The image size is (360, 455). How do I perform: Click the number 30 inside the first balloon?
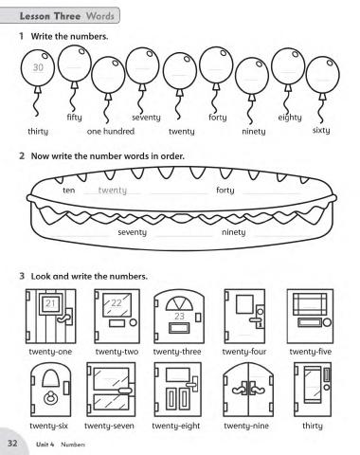[x=38, y=67]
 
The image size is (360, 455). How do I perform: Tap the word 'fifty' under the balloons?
[x=75, y=118]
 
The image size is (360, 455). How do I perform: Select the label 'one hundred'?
[x=111, y=131]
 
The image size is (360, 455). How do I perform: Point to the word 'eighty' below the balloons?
[x=290, y=118]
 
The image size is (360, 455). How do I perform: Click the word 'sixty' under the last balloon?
[x=321, y=130]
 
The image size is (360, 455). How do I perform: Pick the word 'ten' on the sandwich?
[x=69, y=191]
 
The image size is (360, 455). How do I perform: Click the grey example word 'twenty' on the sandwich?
[x=113, y=191]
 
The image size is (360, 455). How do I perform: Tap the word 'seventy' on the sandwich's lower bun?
[x=132, y=232]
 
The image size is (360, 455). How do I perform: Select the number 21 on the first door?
[x=50, y=303]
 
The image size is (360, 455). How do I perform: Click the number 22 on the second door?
[x=117, y=302]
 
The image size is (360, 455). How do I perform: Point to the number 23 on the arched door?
[x=179, y=316]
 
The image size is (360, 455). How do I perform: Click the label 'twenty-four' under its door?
[x=244, y=352]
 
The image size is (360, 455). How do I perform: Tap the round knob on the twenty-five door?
[x=327, y=322]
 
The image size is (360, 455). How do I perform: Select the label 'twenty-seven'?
[x=109, y=426]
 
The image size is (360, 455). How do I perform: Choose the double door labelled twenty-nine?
[x=248, y=390]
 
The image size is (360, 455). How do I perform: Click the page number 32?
[x=12, y=443]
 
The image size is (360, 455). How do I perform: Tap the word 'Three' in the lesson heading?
[x=67, y=16]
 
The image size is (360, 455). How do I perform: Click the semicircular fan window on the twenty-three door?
[x=179, y=303]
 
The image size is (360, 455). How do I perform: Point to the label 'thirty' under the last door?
[x=313, y=426]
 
